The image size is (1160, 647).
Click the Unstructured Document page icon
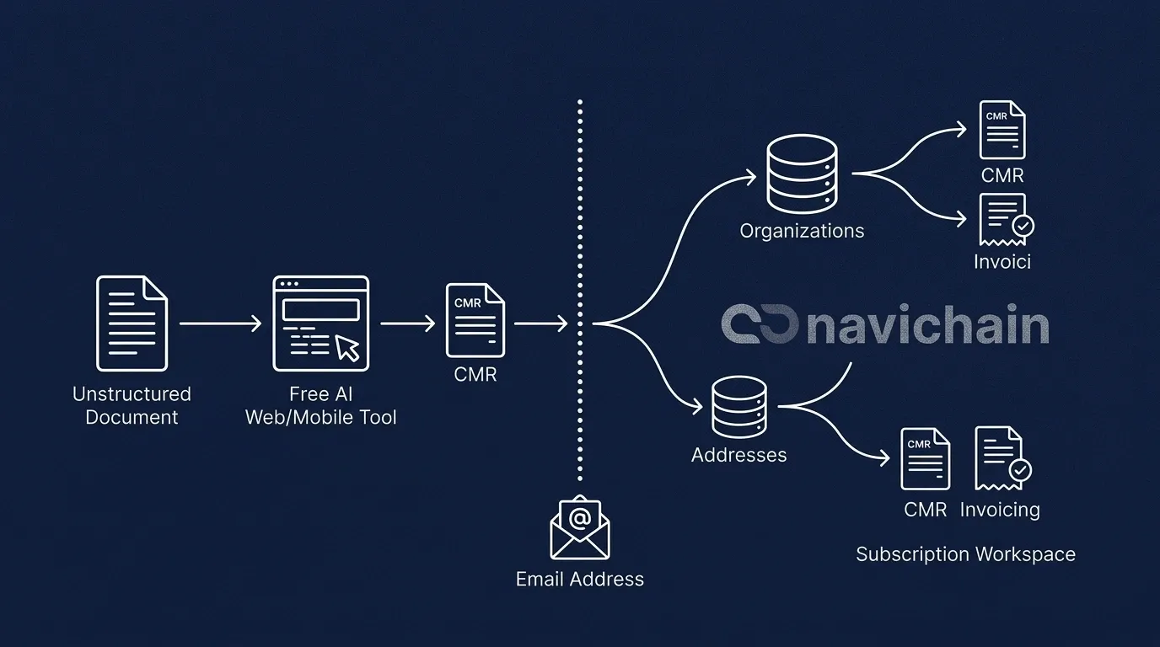pyautogui.click(x=132, y=323)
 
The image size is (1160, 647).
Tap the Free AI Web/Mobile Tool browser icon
pyautogui.click(x=320, y=323)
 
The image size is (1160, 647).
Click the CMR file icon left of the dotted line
pyautogui.click(x=475, y=320)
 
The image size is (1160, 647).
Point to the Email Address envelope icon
pyautogui.click(x=580, y=527)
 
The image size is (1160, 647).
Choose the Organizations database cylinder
pyautogui.click(x=802, y=174)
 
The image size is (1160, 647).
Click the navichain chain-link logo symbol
pyautogui.click(x=760, y=326)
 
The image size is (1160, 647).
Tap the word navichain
pyautogui.click(x=927, y=326)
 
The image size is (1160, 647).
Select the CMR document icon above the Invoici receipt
pyautogui.click(x=1002, y=130)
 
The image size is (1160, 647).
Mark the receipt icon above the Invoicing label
pyautogui.click(x=1002, y=458)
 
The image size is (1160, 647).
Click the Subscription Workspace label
pyautogui.click(x=965, y=554)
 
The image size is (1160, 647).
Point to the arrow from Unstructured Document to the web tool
pyautogui.click(x=221, y=323)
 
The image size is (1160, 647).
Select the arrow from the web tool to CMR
pyautogui.click(x=408, y=323)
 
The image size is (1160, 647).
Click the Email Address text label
pyautogui.click(x=580, y=580)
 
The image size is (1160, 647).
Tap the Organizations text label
pyautogui.click(x=802, y=231)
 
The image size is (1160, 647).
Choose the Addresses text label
pyautogui.click(x=738, y=456)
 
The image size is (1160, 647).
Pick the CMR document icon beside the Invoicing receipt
pyautogui.click(x=925, y=458)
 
